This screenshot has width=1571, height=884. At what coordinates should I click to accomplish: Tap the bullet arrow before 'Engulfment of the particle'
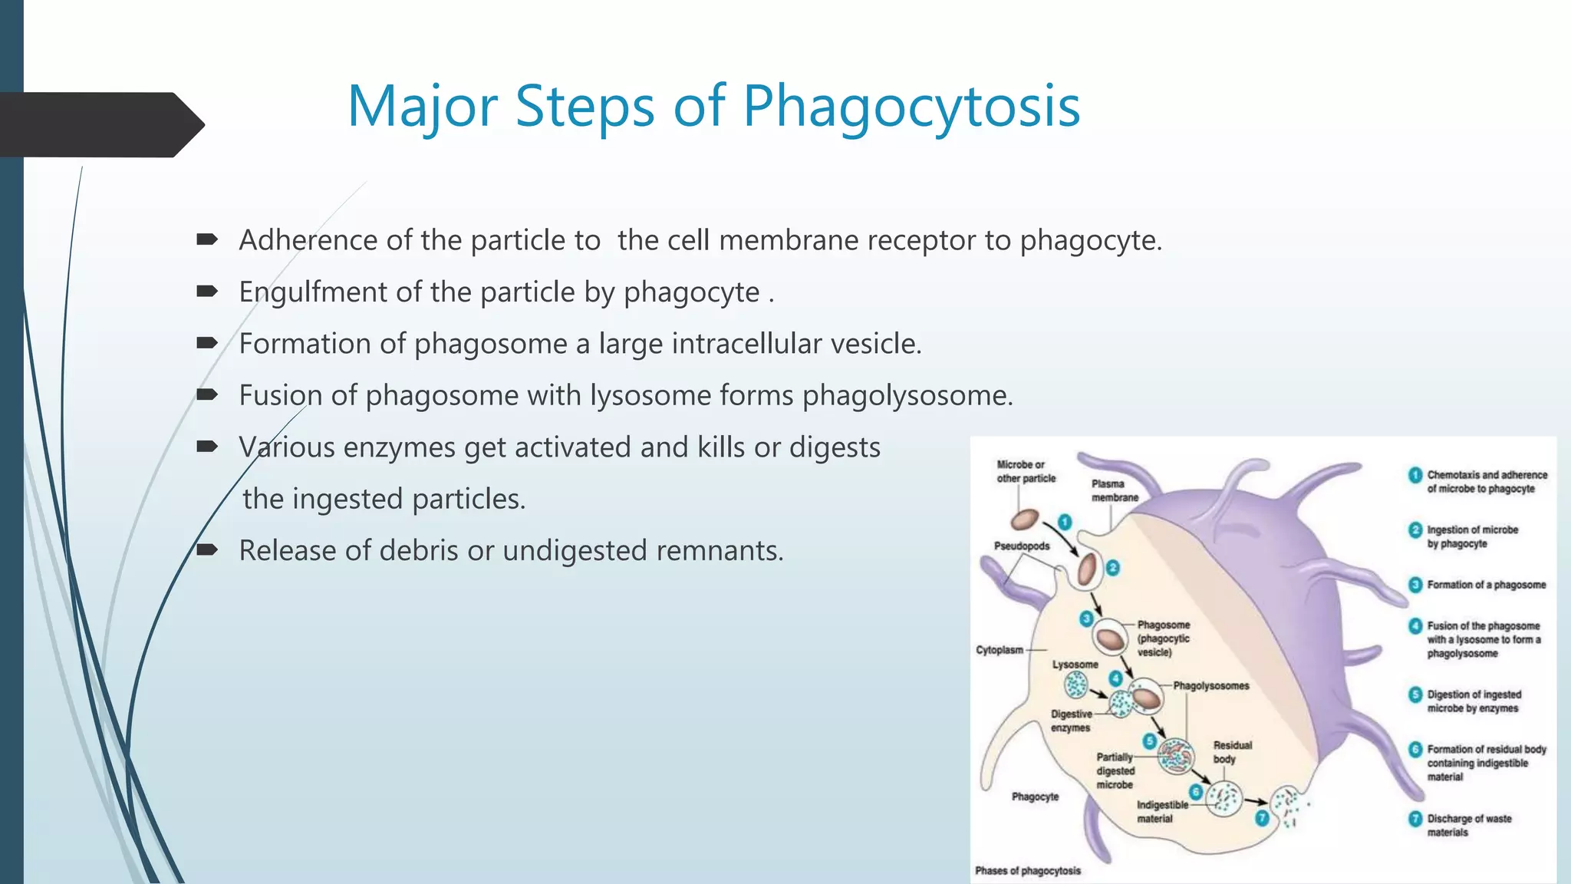207,292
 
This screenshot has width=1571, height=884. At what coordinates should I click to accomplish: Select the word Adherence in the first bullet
308,240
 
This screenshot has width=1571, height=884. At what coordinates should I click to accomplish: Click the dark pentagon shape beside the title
100,124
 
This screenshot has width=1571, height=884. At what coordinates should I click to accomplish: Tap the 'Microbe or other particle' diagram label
1026,471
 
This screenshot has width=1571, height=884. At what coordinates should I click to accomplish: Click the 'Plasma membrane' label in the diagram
1115,490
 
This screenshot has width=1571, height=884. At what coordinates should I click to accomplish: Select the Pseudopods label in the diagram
1022,546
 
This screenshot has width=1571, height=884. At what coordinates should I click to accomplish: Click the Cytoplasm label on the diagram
1000,650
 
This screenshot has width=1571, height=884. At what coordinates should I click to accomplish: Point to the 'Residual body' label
1232,752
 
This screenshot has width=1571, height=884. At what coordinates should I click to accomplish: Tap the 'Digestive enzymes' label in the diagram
1071,721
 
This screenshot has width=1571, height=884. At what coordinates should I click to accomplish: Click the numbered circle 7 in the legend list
1415,819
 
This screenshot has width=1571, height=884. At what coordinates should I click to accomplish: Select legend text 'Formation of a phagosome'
1486,585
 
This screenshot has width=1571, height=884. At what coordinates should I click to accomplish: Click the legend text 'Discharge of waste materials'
1468,825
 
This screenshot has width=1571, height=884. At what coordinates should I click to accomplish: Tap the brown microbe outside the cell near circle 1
1024,520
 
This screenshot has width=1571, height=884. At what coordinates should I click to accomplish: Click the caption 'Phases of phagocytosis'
1028,870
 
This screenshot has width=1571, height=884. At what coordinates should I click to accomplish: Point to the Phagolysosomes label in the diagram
1210,685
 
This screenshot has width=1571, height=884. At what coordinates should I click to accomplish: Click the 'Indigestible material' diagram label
1161,811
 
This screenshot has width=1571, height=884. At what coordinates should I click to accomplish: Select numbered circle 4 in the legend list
1415,626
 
